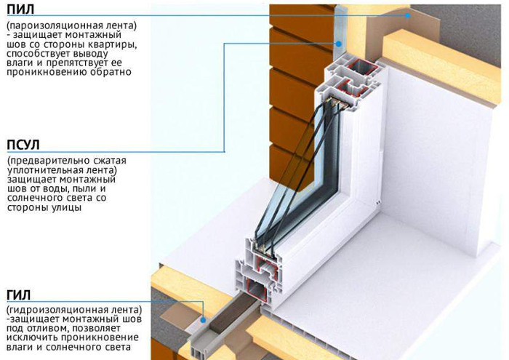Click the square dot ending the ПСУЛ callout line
click(340, 43)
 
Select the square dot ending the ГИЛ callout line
click(205, 319)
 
